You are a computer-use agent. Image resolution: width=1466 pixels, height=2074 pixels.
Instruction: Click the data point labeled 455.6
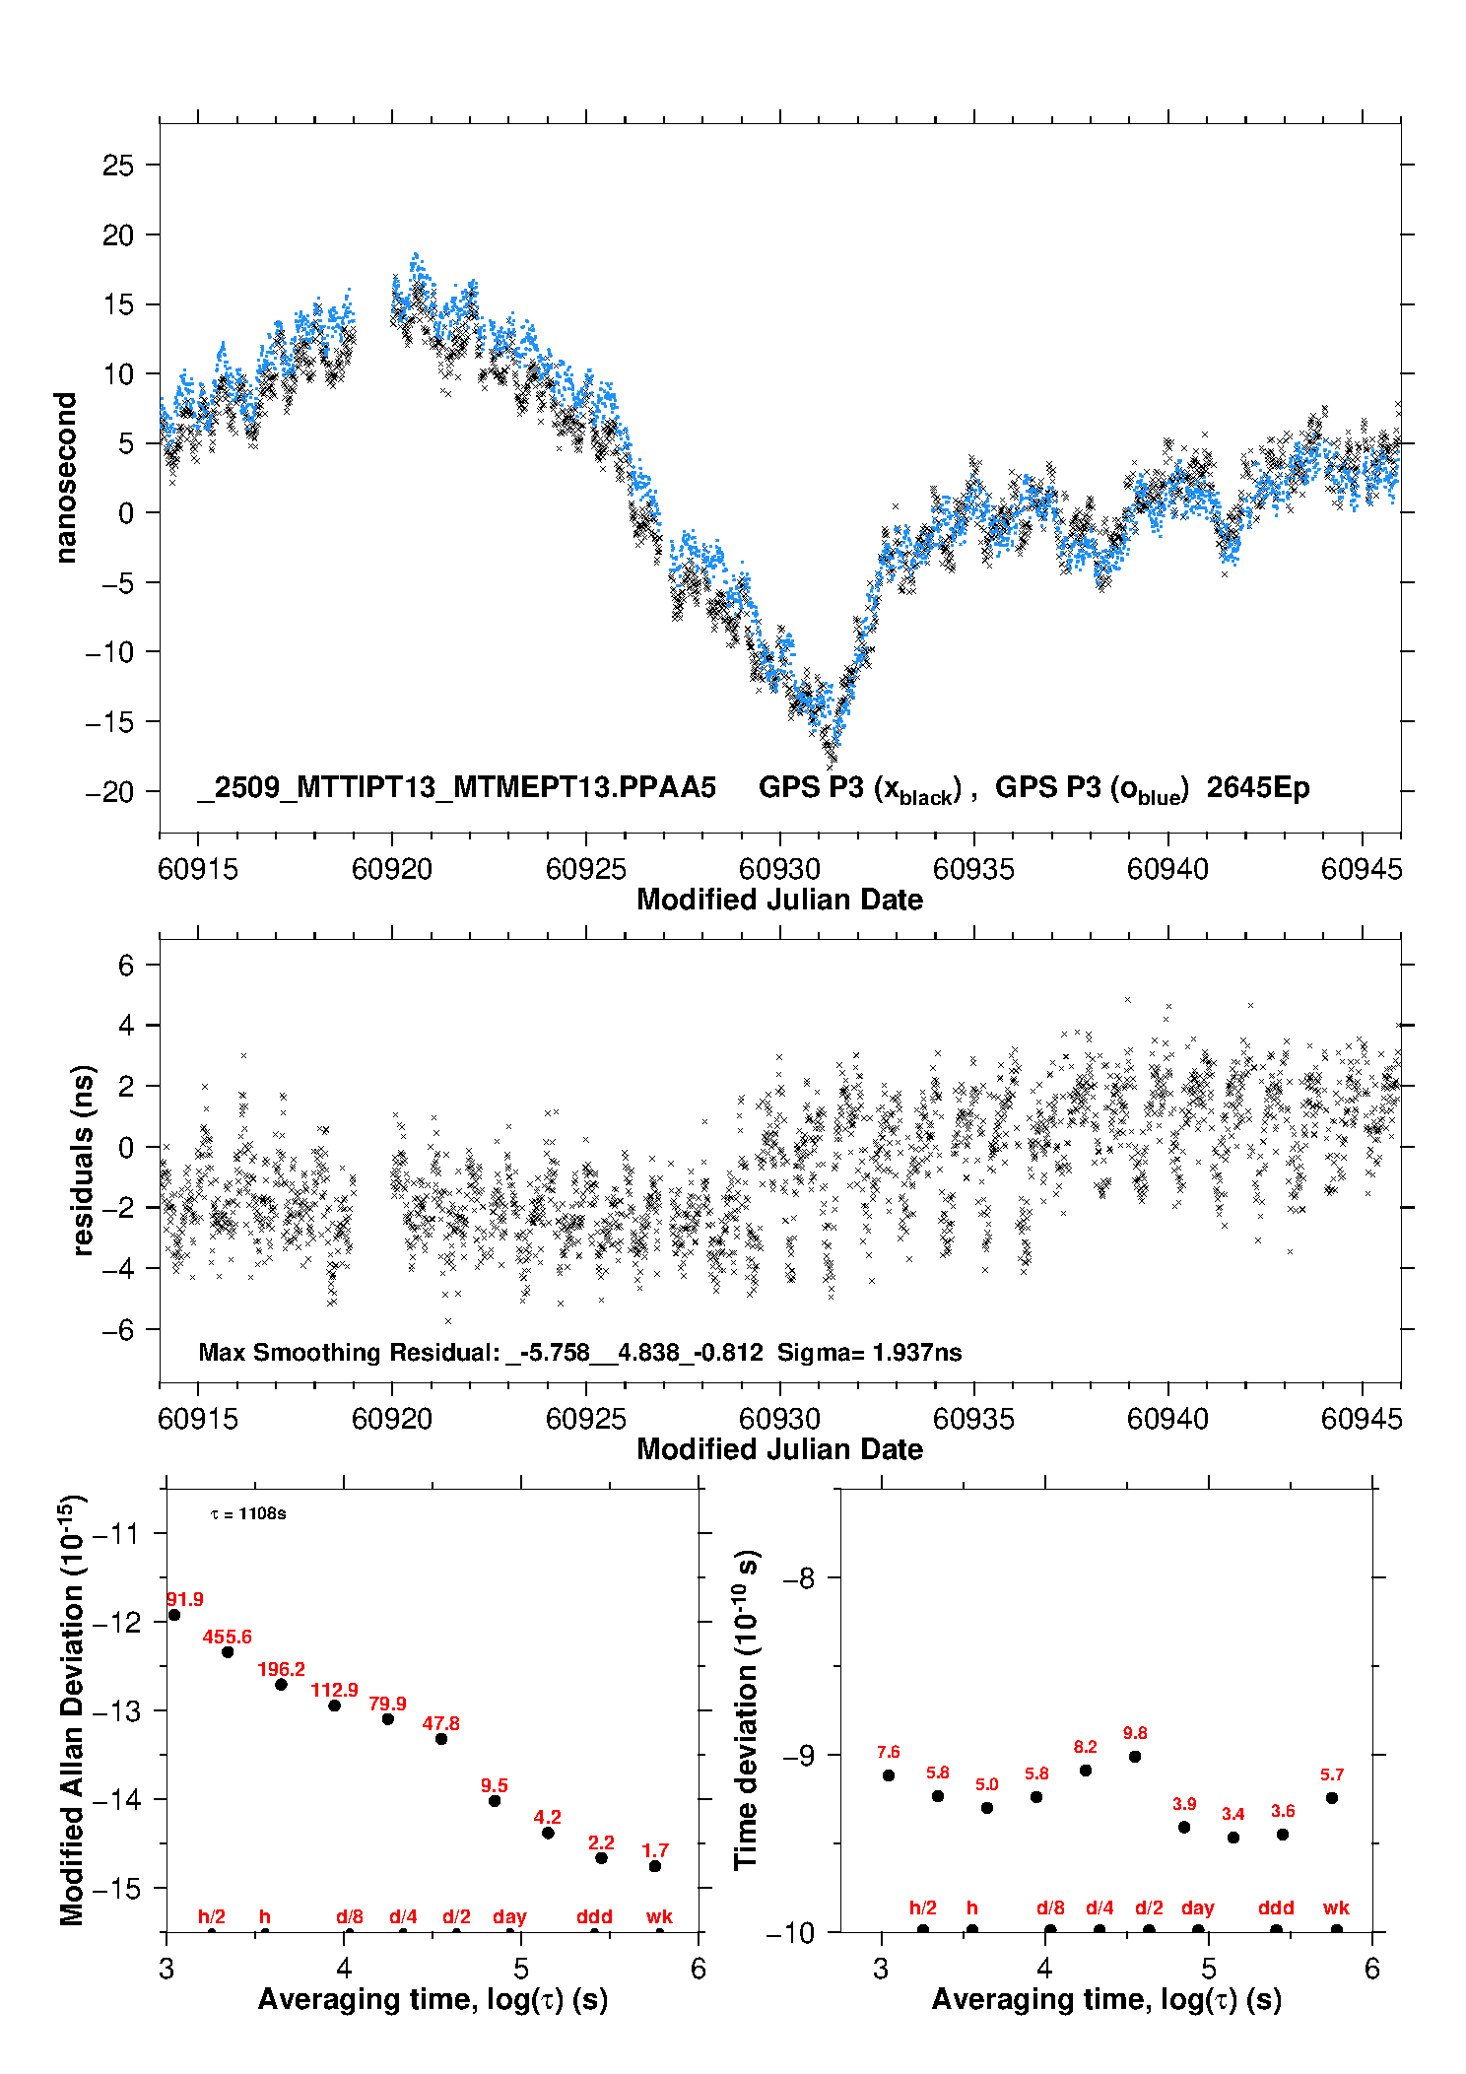pyautogui.click(x=228, y=1651)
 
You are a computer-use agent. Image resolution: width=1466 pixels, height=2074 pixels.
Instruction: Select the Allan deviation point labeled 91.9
pyautogui.click(x=174, y=1614)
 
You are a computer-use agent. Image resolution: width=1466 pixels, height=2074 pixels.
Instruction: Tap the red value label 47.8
pyautogui.click(x=440, y=1723)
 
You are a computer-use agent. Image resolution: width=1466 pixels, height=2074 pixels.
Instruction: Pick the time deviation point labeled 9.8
pyautogui.click(x=1135, y=1756)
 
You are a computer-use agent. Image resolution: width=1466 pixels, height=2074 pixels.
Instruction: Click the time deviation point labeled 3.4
pyautogui.click(x=1233, y=1837)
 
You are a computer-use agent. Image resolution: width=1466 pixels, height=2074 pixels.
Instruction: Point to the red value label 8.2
pyautogui.click(x=1085, y=1747)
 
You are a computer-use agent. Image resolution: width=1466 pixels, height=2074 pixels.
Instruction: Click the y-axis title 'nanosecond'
pyautogui.click(x=66, y=478)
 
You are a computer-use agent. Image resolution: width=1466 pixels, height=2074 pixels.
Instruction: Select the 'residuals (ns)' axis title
pyautogui.click(x=83, y=1160)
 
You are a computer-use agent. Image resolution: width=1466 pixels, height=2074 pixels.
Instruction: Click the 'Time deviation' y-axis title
pyautogui.click(x=746, y=1709)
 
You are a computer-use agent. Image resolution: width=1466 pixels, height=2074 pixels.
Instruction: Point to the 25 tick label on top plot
pyautogui.click(x=118, y=166)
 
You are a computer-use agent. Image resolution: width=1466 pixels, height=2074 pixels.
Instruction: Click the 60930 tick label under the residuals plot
pyautogui.click(x=779, y=1419)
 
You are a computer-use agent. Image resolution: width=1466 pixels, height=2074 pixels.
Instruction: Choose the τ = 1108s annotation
pyautogui.click(x=248, y=1513)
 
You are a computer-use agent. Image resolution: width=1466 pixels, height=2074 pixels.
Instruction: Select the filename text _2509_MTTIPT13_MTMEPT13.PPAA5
pyautogui.click(x=456, y=787)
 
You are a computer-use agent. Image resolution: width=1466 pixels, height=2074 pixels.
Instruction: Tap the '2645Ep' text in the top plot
pyautogui.click(x=1258, y=787)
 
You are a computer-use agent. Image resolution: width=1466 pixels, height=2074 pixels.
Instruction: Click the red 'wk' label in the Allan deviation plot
pyautogui.click(x=659, y=1916)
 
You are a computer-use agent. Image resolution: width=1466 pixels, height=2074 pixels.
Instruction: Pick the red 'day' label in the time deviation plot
pyautogui.click(x=1197, y=1907)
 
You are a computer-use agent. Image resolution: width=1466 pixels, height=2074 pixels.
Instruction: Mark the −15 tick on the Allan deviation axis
pyautogui.click(x=119, y=1888)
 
